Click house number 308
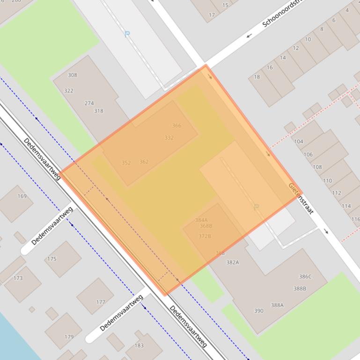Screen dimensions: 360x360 (x=72, y=75)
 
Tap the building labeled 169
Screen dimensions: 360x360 (x=22, y=196)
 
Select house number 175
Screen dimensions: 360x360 (x=52, y=259)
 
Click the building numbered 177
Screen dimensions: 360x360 (x=101, y=302)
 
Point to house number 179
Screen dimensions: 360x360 (x=69, y=337)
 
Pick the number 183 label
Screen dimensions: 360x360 (x=139, y=346)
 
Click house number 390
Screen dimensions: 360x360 (x=258, y=311)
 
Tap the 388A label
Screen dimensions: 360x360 (x=277, y=305)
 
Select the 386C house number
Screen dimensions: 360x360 (x=305, y=277)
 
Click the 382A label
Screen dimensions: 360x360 (x=233, y=262)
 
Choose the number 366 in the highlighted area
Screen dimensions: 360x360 (x=176, y=125)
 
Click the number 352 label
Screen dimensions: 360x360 (x=126, y=163)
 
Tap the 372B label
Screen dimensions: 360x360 (x=205, y=236)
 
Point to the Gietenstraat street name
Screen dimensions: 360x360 (x=301, y=198)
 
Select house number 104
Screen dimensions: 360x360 (x=298, y=141)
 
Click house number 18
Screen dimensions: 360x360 (x=257, y=77)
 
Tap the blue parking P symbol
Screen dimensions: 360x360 (x=127, y=34)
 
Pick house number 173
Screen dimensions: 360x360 (x=18, y=278)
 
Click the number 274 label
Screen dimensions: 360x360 (x=89, y=103)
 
